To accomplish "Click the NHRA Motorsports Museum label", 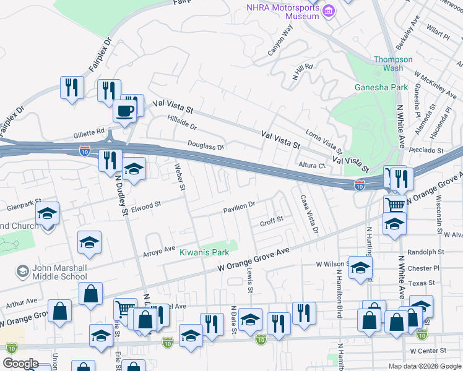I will pos(282,12).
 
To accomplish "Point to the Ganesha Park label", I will pos(381,87).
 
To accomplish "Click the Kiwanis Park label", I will pos(204,252).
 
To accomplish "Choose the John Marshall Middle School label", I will pos(52,272).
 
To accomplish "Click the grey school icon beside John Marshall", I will pos(23,271).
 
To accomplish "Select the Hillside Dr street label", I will pos(181,122).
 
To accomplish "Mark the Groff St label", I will pos(271,221).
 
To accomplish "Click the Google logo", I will pos(20,364).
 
